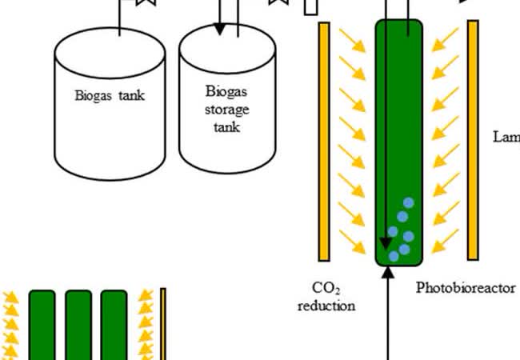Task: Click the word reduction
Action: (326, 305)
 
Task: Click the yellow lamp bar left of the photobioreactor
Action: (324, 140)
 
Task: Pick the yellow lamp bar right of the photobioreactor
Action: (473, 140)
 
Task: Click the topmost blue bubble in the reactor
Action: (409, 203)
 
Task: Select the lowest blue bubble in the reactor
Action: (394, 256)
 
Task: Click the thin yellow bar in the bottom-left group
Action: (162, 324)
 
